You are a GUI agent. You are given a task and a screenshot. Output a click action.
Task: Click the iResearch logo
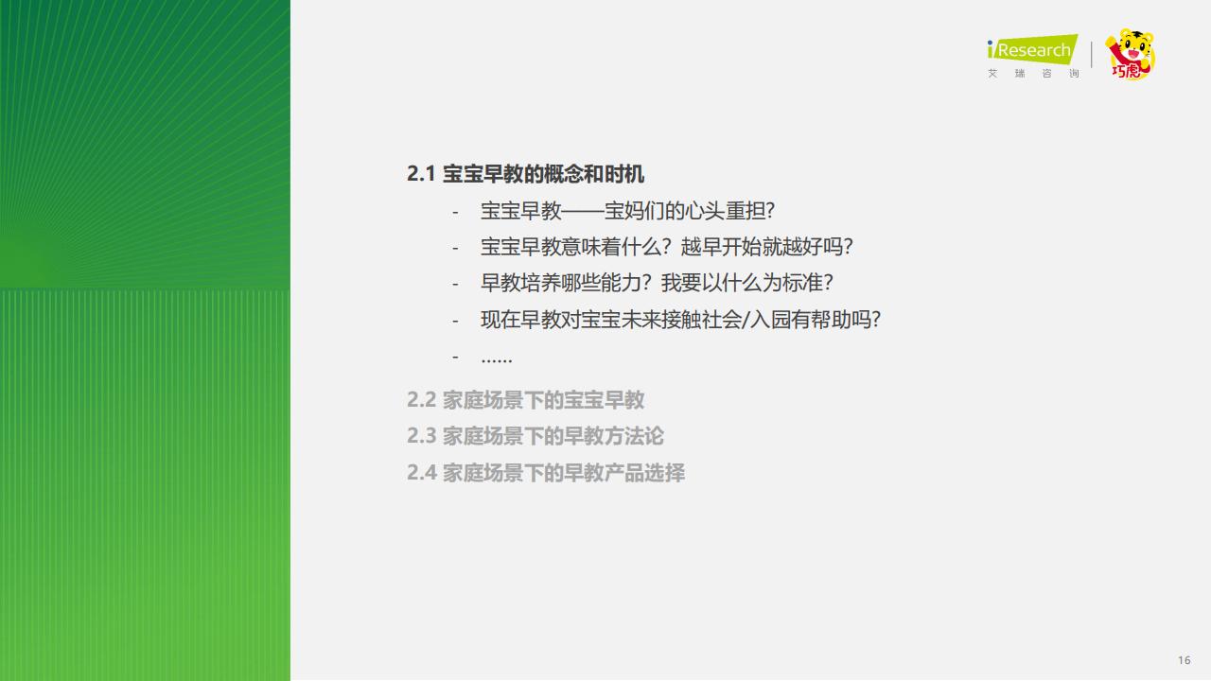pos(1032,49)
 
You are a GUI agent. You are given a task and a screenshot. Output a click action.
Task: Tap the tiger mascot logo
pos(1130,54)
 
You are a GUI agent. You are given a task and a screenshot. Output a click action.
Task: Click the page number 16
pos(1184,660)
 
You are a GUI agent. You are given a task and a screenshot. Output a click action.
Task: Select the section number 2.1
pos(421,174)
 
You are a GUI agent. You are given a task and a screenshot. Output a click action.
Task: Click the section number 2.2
pos(421,400)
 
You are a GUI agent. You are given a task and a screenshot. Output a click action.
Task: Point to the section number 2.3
pos(421,436)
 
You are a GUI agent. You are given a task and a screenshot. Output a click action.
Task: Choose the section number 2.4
pos(421,472)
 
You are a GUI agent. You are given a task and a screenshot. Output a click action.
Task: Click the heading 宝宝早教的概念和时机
pos(543,174)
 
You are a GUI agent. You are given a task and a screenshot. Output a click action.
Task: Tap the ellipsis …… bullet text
pos(497,358)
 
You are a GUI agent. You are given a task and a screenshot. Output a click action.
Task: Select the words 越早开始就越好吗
pos(762,247)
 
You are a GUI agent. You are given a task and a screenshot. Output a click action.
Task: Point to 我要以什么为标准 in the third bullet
pos(742,283)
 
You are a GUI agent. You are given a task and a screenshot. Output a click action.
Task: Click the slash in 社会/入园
pos(746,320)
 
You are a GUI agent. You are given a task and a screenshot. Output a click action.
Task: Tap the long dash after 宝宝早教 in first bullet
pos(583,211)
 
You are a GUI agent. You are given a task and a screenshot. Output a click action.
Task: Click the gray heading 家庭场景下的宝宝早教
pos(543,400)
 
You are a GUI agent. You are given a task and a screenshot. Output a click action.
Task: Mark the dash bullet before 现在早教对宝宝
pos(455,321)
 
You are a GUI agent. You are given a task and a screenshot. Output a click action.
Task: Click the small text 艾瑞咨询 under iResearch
pos(1033,74)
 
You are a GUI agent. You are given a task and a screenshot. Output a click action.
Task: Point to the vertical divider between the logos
pos(1092,55)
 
